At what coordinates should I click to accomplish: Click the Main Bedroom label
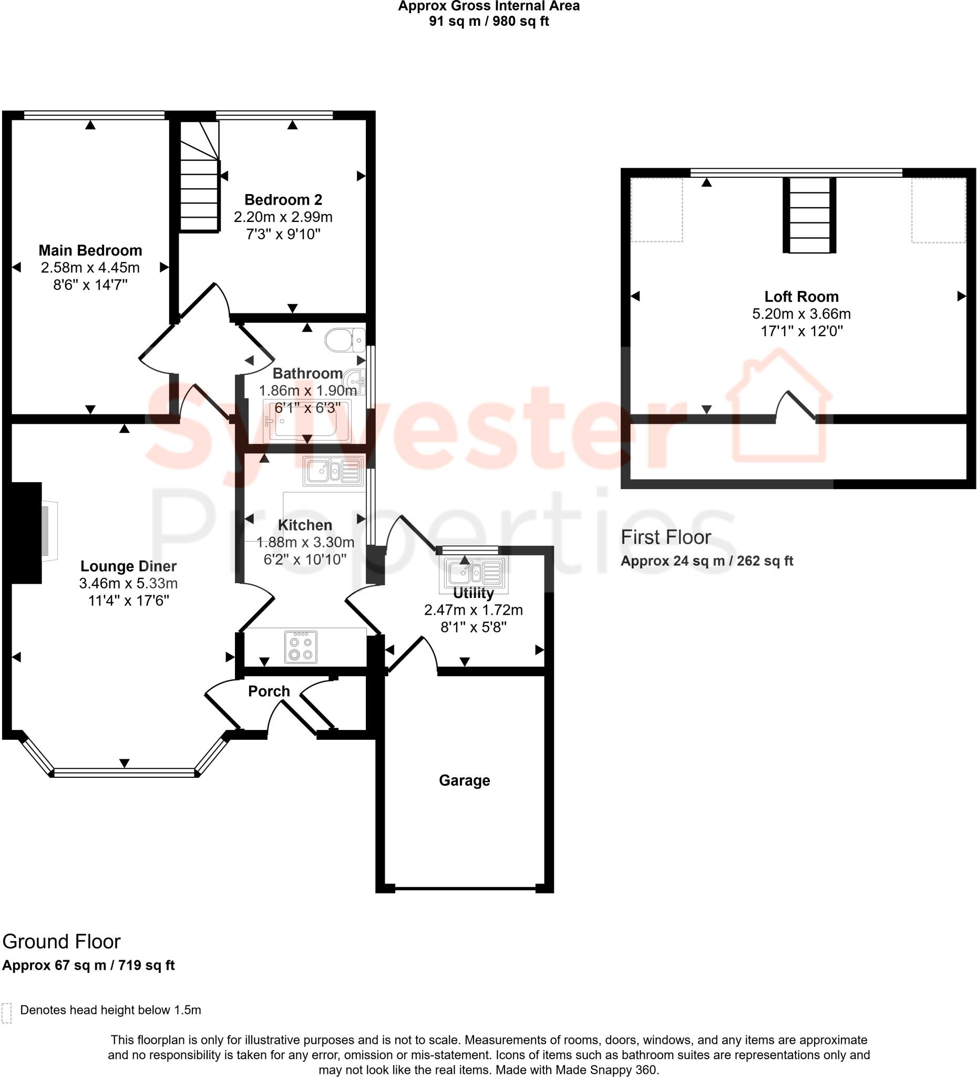pos(90,250)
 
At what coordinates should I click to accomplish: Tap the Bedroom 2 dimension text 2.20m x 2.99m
pos(283,217)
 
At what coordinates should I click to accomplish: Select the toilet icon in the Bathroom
pos(344,340)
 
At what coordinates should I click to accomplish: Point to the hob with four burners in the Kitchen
pos(301,647)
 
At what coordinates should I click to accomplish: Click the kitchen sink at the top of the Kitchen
pos(333,471)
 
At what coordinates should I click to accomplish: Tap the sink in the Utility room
pos(473,573)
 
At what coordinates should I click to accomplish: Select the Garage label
pos(464,780)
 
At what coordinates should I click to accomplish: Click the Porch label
pos(269,692)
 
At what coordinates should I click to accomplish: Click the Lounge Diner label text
pos(128,566)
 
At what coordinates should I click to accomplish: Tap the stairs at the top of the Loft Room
pos(809,215)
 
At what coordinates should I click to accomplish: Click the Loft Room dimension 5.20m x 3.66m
pos(801,313)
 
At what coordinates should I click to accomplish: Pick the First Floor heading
pos(665,537)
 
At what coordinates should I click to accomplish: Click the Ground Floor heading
pos(61,941)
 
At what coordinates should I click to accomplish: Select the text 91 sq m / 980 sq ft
pos(489,22)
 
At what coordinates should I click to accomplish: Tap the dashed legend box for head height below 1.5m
pos(6,1013)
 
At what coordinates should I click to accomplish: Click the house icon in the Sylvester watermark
pos(779,406)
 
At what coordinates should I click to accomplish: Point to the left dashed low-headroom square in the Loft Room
pos(656,209)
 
